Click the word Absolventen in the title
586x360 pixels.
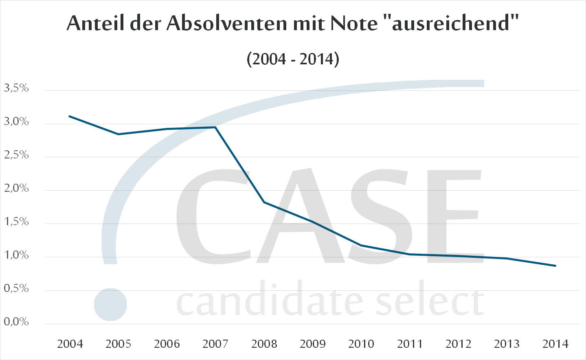tap(226, 23)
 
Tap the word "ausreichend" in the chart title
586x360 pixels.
tap(451, 23)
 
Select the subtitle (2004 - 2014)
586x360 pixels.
tap(293, 59)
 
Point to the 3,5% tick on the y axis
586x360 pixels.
tap(16, 88)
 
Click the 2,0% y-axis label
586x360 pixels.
tap(16, 188)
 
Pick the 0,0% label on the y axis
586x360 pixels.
tap(16, 322)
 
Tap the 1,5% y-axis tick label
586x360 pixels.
tap(16, 222)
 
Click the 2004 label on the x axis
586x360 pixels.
tap(70, 344)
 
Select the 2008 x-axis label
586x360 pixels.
tap(264, 344)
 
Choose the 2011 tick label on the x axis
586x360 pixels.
tap(410, 344)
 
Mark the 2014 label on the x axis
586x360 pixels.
tap(555, 344)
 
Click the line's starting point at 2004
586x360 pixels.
tap(70, 116)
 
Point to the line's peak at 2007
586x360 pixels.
tap(215, 127)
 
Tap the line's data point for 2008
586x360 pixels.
tap(264, 202)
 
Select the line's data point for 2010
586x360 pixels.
tap(361, 245)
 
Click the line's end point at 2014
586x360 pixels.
tap(555, 266)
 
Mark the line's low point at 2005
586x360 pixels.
tap(119, 134)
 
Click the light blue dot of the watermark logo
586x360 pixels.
tap(110, 305)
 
